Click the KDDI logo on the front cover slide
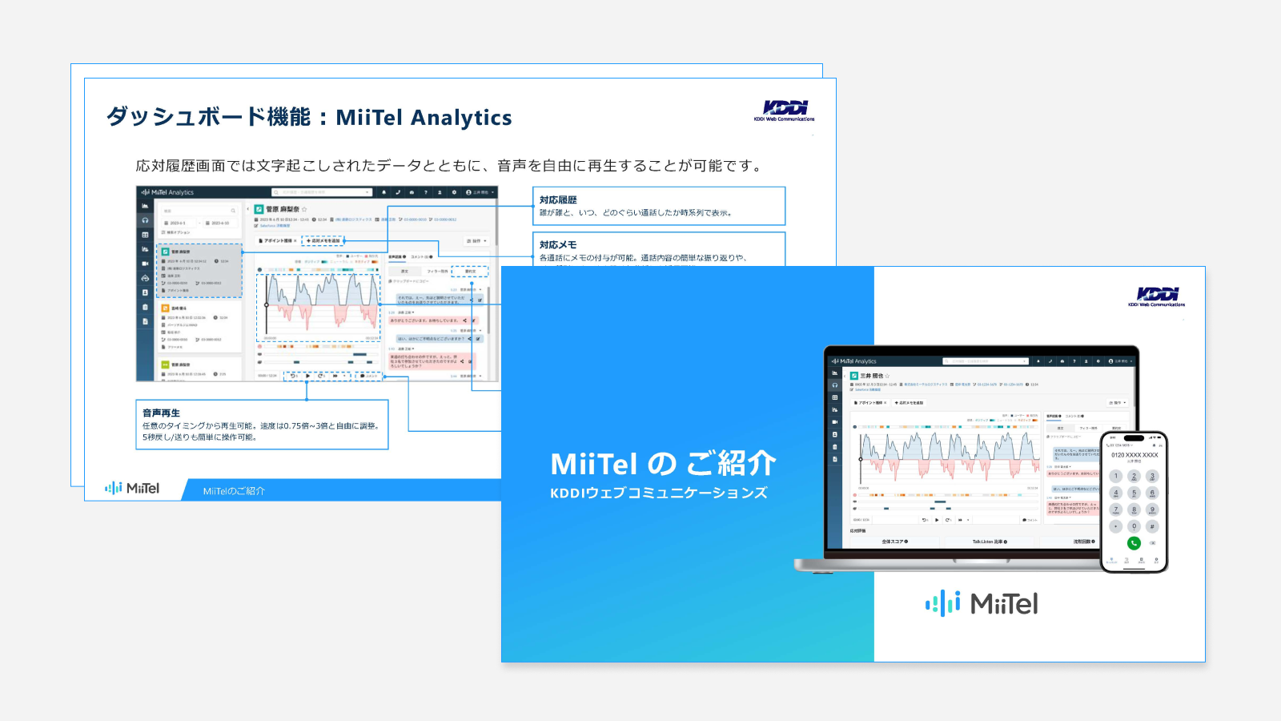[x=1157, y=295]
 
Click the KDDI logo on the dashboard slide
[x=785, y=109]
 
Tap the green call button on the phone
[x=1134, y=543]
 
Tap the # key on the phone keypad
[x=1152, y=526]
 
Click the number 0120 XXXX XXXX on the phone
[x=1134, y=455]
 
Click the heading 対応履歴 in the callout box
[x=558, y=200]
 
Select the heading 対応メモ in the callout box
[x=558, y=245]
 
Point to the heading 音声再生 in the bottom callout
[x=161, y=413]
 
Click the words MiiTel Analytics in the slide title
[x=424, y=118]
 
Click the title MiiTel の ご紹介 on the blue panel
[x=663, y=464]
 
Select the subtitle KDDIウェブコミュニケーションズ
[x=658, y=493]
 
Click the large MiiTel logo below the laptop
[x=982, y=603]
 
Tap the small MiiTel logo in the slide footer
[x=132, y=488]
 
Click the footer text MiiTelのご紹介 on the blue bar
[x=234, y=491]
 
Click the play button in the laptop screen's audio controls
[x=937, y=520]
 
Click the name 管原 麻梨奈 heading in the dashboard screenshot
[x=283, y=209]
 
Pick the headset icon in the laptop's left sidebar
[x=835, y=385]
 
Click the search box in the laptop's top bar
[x=985, y=361]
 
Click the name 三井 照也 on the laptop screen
[x=872, y=376]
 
